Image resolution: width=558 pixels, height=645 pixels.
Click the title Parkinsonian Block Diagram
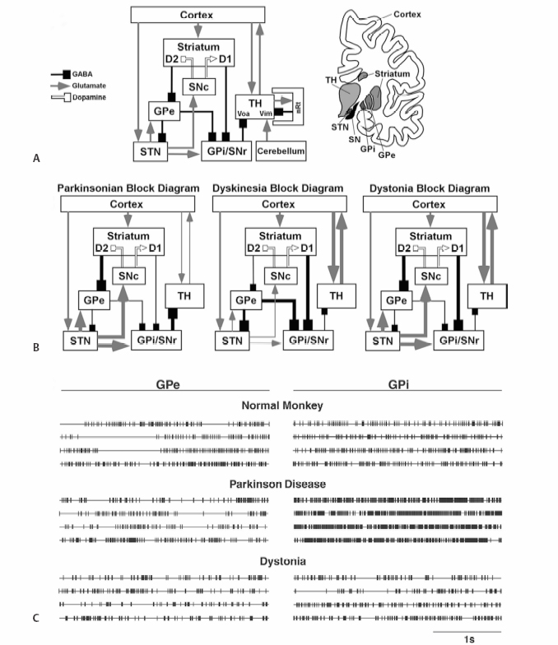(x=128, y=188)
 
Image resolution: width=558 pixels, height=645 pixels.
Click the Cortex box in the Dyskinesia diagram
(x=278, y=203)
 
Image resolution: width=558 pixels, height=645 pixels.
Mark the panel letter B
(x=35, y=348)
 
